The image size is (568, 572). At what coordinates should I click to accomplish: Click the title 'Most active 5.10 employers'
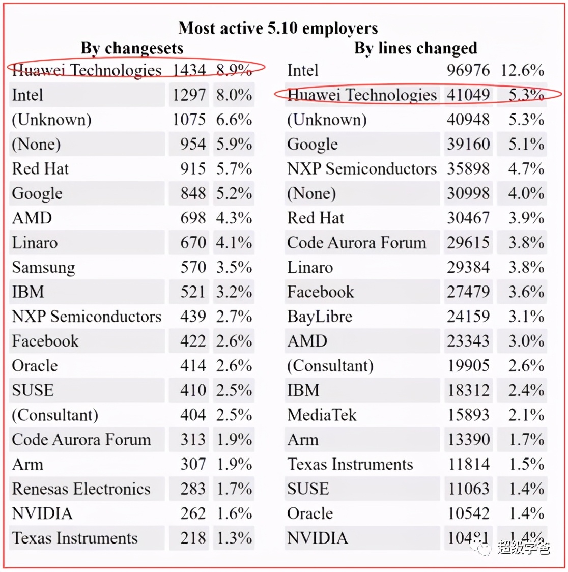click(x=278, y=27)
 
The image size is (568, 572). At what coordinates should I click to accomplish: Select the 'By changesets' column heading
click(x=132, y=48)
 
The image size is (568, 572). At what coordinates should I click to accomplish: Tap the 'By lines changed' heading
click(x=415, y=48)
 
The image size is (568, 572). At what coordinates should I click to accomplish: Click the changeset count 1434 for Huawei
click(x=189, y=70)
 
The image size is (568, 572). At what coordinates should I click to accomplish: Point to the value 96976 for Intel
click(x=468, y=70)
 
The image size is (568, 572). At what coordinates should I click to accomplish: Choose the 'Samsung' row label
click(x=43, y=267)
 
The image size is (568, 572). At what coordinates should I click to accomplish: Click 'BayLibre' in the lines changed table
click(x=320, y=317)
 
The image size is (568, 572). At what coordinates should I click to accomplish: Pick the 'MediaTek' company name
click(x=322, y=415)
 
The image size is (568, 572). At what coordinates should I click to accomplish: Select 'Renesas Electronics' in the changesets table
click(x=81, y=489)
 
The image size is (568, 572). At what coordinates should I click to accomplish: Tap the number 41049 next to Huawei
click(x=468, y=95)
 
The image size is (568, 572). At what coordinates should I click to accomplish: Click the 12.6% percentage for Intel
click(x=522, y=70)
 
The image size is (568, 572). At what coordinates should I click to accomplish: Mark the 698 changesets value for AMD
click(x=193, y=218)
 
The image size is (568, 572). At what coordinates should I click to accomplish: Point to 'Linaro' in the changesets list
click(x=35, y=243)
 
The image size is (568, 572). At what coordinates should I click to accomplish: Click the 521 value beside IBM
click(x=193, y=292)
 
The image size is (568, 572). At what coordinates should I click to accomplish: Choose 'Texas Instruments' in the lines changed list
click(x=350, y=464)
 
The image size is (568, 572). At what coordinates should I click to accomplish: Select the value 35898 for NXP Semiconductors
click(x=468, y=168)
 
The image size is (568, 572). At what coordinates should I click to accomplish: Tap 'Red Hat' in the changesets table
click(x=40, y=168)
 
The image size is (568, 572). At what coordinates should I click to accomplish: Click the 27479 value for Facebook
click(x=468, y=292)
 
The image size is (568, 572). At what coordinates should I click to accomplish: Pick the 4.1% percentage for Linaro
click(x=234, y=243)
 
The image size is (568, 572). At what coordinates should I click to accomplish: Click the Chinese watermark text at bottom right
click(x=523, y=548)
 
